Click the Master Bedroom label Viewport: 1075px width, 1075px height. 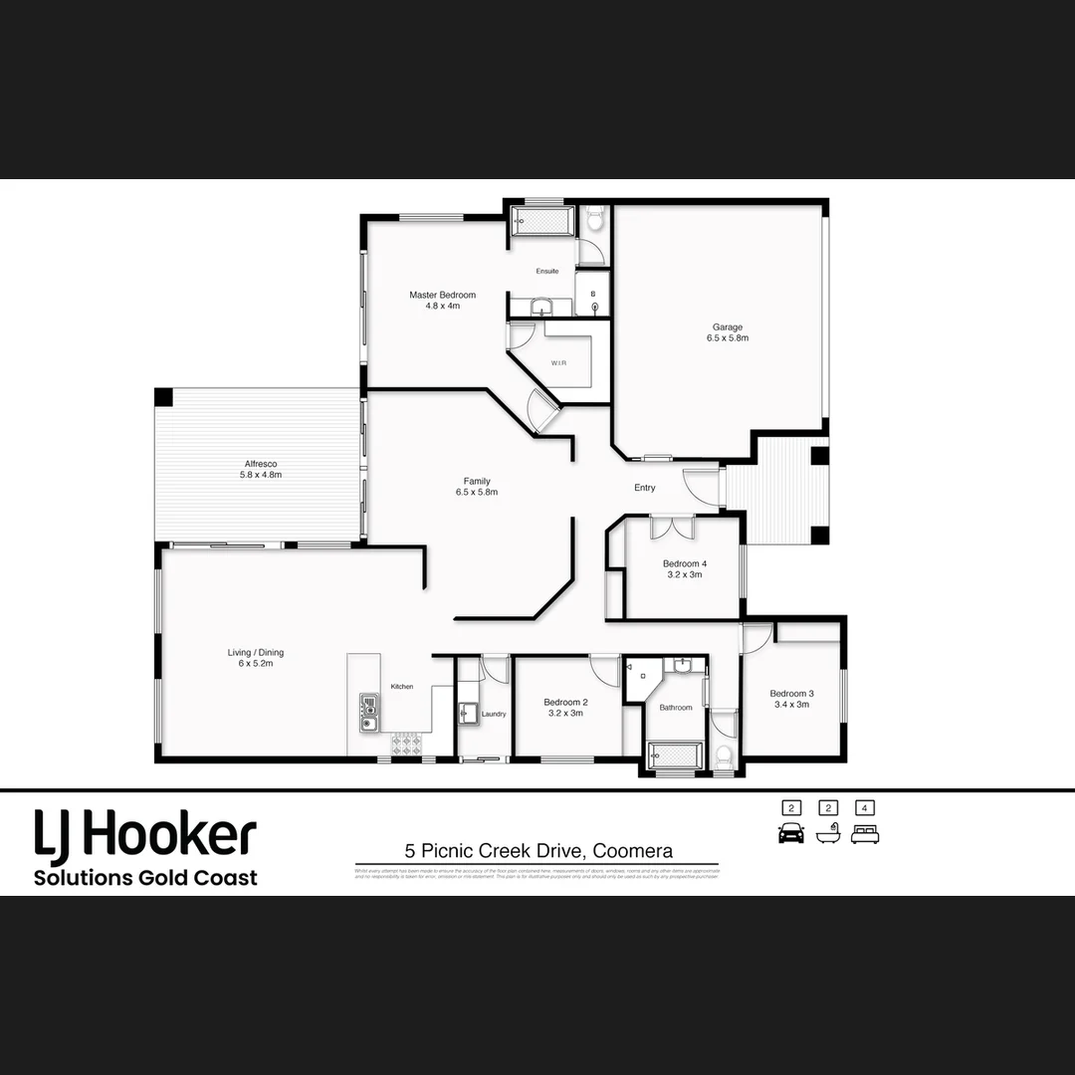click(442, 295)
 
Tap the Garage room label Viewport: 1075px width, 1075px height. click(727, 326)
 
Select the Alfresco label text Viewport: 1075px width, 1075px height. click(261, 464)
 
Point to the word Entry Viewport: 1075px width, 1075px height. click(645, 488)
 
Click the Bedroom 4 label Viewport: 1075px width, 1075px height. click(685, 563)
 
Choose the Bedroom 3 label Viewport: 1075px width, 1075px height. click(791, 694)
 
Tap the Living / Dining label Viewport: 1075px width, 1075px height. click(256, 653)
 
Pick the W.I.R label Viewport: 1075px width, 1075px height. click(558, 363)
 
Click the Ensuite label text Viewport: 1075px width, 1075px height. click(547, 271)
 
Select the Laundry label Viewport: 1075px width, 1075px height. click(494, 714)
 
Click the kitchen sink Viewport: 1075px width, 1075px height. click(368, 712)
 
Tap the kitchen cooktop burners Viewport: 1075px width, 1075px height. click(407, 743)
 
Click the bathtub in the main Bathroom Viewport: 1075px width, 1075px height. click(675, 753)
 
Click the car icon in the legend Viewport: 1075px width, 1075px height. click(790, 834)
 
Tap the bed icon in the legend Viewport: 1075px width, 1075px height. click(865, 834)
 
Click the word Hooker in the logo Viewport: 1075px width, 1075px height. click(169, 836)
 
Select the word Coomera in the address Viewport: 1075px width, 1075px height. click(633, 851)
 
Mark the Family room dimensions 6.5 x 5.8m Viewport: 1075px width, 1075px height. click(477, 492)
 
